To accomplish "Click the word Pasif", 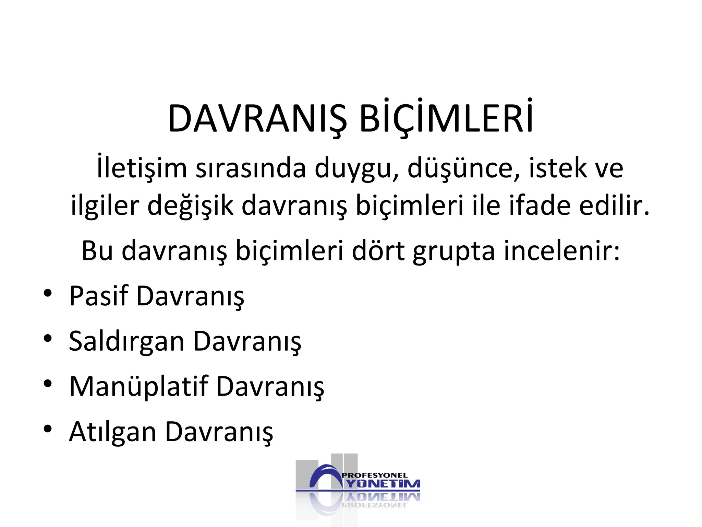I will [99, 296].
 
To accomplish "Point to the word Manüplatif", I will [139, 387].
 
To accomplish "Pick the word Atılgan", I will [113, 432].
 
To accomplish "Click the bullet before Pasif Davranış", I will [48, 294].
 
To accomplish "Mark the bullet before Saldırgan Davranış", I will [48, 339].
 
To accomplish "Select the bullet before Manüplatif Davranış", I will [48, 384].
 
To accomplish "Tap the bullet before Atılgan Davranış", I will [48, 429].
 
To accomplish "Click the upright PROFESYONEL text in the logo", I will [375, 476].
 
